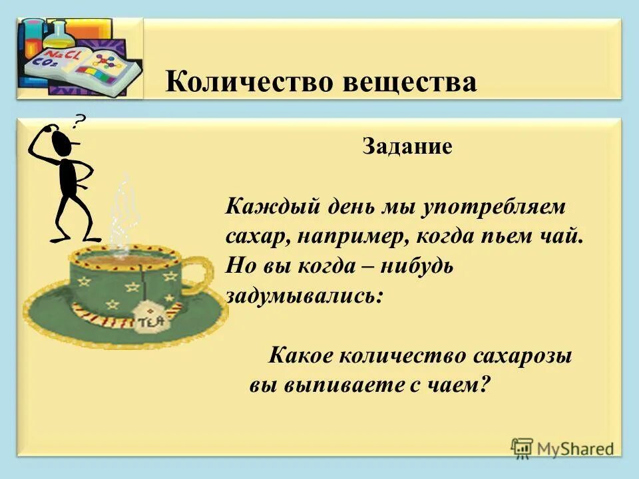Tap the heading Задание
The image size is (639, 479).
pos(407,146)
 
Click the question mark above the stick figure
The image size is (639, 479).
pos(79,121)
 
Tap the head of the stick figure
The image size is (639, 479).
pos(63,141)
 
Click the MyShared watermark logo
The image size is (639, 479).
pos(562,448)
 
